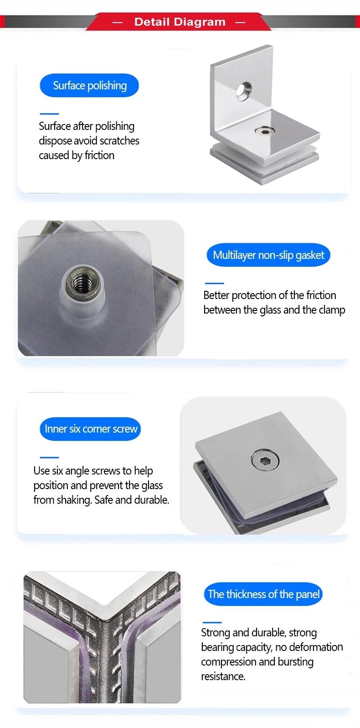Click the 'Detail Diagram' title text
180,22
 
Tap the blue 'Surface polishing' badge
89,86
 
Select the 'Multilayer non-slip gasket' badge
268,255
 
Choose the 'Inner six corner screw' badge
91,429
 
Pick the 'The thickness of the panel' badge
263,594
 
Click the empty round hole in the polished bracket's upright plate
244,91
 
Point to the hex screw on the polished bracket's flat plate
265,131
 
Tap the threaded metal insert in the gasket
82,281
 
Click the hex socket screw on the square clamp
265,460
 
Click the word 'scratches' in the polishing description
119,141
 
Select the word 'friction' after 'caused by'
99,155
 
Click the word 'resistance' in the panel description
223,676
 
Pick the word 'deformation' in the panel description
316,647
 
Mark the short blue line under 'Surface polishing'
49,114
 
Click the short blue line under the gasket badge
215,284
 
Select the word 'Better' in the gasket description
216,295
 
